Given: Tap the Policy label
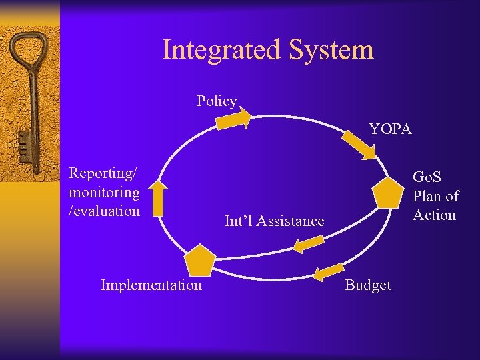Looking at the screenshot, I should point(217,101).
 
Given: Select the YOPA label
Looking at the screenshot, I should point(391,129).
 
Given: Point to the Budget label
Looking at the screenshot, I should point(367,285).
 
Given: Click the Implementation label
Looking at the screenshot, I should point(151,285).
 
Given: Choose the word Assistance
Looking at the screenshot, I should point(291,221).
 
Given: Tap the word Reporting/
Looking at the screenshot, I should point(103,173).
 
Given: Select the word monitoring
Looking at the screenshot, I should point(104,193).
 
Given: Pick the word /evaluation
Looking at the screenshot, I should point(104,211).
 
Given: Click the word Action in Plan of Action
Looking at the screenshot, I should point(434,215).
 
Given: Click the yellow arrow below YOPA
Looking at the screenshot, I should point(360,145).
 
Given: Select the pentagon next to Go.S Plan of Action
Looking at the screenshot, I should point(388,193).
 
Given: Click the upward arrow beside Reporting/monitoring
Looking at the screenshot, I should point(158,198).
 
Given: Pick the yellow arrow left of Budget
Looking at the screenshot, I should point(327,273).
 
